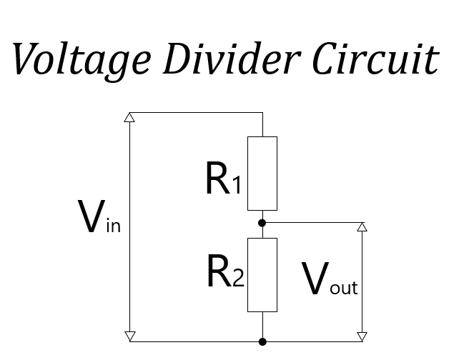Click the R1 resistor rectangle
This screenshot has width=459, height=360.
click(262, 173)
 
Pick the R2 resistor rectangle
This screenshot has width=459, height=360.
click(262, 274)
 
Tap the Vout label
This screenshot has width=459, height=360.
click(329, 279)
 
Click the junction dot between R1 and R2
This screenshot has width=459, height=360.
click(262, 223)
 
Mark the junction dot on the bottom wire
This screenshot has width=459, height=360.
click(262, 341)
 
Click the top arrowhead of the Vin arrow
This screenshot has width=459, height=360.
click(129, 117)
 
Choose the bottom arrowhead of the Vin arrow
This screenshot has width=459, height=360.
click(129, 336)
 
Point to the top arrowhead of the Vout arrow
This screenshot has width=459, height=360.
click(362, 227)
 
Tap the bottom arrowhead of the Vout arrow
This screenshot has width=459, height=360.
click(362, 336)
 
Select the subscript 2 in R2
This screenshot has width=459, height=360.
click(237, 279)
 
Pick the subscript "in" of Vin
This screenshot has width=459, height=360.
click(112, 227)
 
